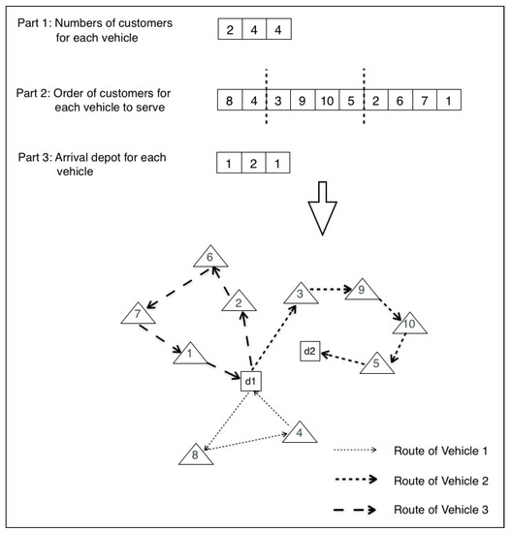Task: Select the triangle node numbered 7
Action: coord(138,314)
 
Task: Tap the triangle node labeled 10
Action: coord(408,325)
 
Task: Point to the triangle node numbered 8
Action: coord(196,453)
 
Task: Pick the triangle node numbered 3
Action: coord(302,295)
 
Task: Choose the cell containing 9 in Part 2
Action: coord(303,100)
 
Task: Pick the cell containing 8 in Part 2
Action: coord(230,100)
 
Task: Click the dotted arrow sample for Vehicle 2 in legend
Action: coord(367,480)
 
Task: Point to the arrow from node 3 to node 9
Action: coord(331,289)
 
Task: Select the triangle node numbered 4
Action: coord(300,432)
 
